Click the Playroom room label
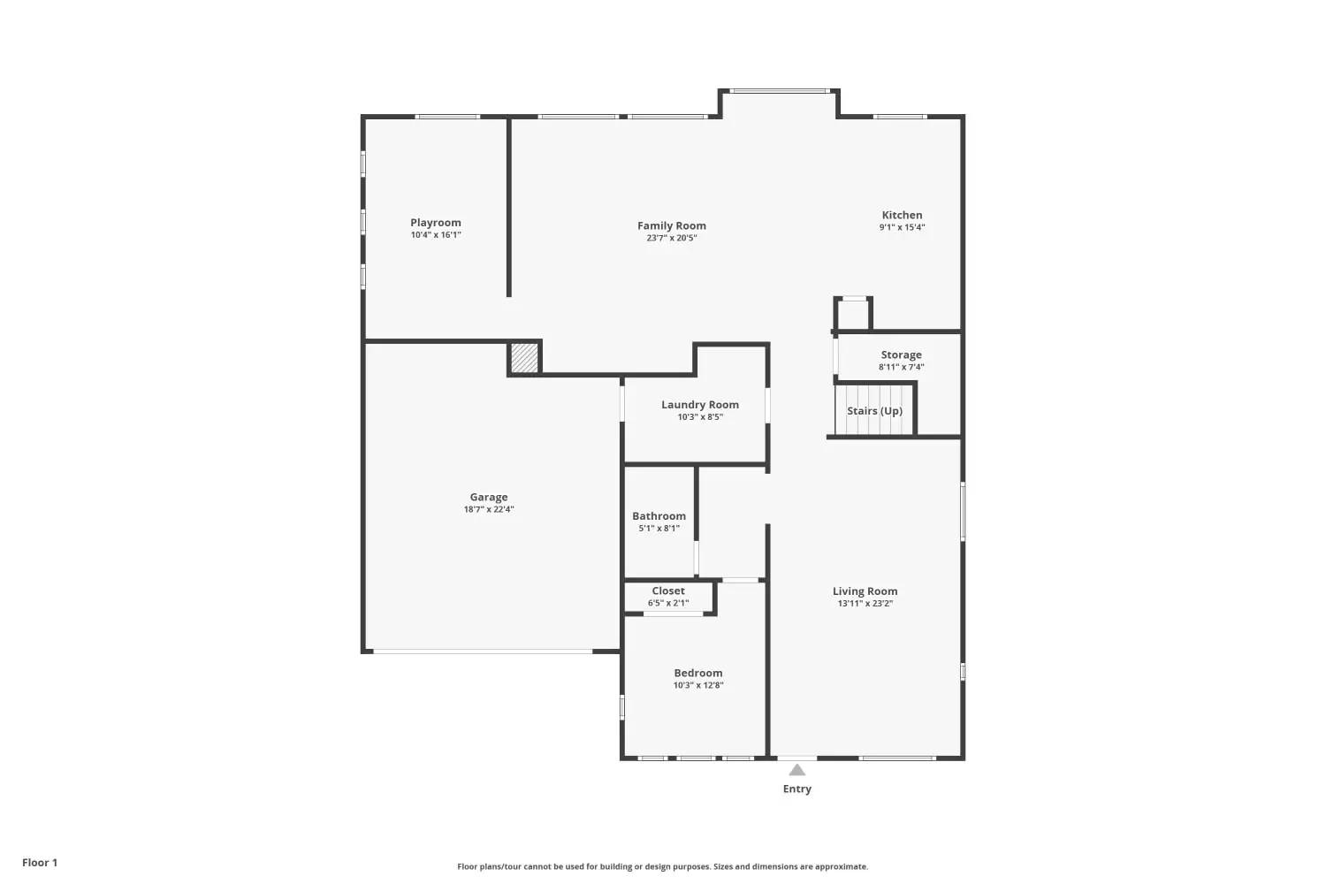436,223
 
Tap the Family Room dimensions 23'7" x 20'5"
672,238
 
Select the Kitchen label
903,215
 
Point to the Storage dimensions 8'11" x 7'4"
902,367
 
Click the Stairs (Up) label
875,411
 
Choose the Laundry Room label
700,404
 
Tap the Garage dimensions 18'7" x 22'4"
489,509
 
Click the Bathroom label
659,515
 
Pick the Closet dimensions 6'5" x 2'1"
668,604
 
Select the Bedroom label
698,673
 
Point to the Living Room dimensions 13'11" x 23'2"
865,604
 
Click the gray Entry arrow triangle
797,770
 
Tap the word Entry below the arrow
797,789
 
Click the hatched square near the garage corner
524,358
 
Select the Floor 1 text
41,863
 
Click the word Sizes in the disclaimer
724,866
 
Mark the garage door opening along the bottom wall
483,652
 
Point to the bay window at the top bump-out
779,91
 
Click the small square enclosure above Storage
853,313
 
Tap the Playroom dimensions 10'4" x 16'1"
437,235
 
